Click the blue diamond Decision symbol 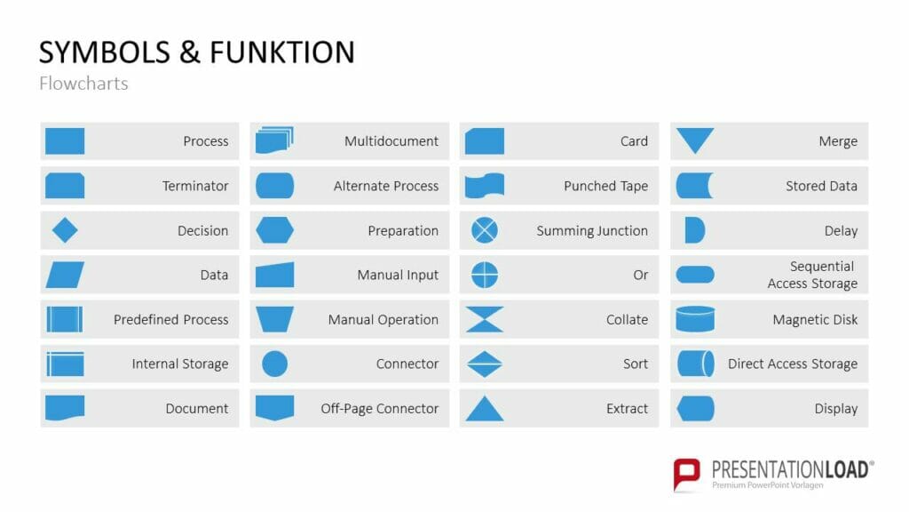65,230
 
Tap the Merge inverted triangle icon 695,140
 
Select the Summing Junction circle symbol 485,230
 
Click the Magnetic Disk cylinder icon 695,319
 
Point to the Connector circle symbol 275,364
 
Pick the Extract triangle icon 485,408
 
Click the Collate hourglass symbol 485,319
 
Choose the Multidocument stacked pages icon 275,140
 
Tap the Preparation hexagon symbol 275,230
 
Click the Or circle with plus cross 485,275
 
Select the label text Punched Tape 605,187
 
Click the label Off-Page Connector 380,409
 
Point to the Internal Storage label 179,364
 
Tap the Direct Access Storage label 793,364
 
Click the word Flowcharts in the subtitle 83,84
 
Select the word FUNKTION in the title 282,52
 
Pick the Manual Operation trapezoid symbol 275,319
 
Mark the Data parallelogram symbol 65,275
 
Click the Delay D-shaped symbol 694,230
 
